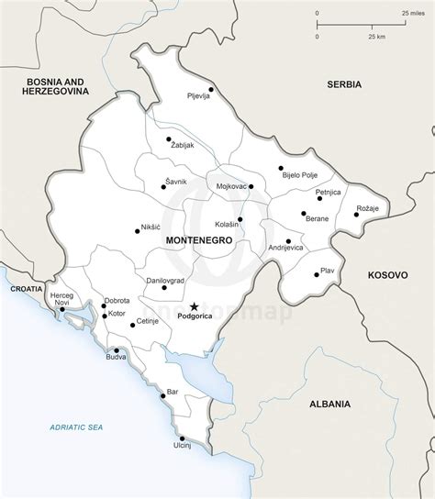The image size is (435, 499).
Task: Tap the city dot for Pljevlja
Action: pos(210,89)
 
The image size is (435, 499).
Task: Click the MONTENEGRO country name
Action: pos(197,238)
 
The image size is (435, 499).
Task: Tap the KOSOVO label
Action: pos(385,274)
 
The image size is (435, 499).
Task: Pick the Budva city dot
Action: pos(117,350)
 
